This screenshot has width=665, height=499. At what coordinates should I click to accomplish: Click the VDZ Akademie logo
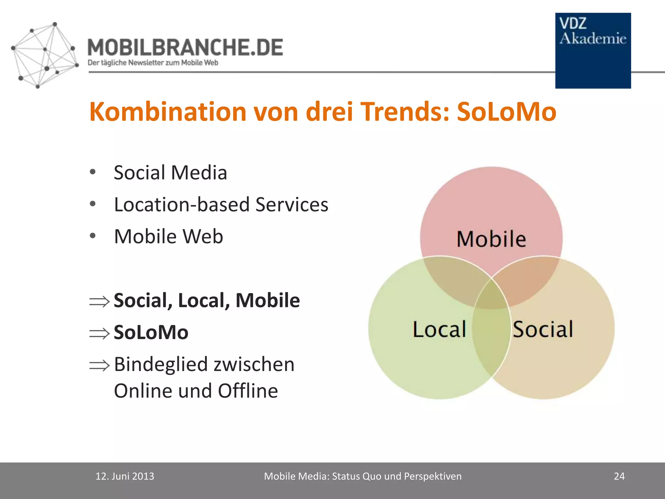point(593,50)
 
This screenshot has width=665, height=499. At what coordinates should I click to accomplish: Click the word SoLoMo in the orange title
point(507,112)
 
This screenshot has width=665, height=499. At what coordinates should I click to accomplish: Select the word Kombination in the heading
point(168,112)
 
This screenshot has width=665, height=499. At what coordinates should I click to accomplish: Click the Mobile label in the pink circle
point(491,239)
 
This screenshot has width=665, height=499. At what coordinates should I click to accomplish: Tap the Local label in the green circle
point(439,329)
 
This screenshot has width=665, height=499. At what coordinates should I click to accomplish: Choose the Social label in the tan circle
point(543,329)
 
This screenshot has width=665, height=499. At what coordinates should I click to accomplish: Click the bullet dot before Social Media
point(93,172)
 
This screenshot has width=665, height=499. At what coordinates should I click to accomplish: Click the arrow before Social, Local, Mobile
point(99,301)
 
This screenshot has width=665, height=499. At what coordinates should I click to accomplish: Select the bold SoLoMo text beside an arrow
point(151,332)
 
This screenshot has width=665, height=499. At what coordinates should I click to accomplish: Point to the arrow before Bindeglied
point(99,365)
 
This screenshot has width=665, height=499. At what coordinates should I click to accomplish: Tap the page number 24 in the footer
point(619,476)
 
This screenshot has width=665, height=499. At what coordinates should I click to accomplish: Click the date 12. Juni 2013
point(125,476)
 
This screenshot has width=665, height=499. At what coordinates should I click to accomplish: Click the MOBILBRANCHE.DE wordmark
point(185,47)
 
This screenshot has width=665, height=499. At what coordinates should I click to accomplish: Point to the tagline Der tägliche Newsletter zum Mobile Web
point(153,63)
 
